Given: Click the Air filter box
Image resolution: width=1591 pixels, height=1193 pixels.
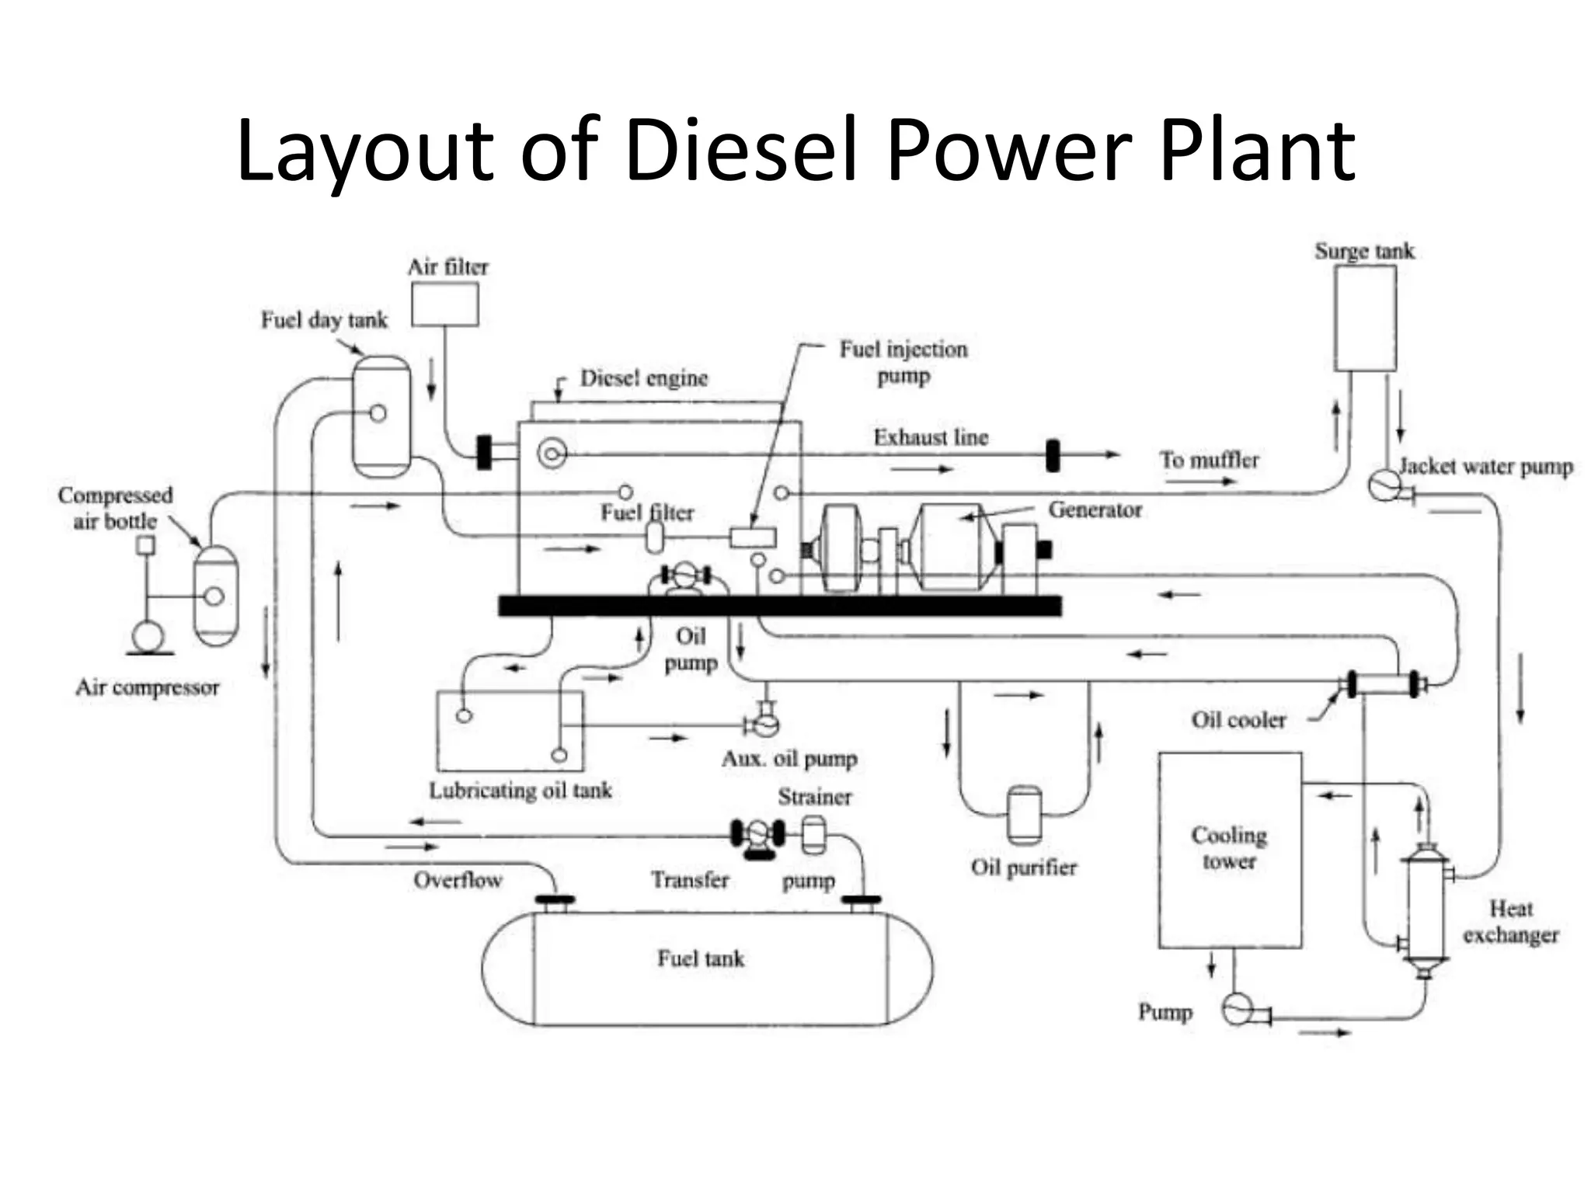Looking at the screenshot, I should [444, 304].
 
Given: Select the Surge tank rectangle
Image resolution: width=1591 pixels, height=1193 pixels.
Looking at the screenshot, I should [1365, 318].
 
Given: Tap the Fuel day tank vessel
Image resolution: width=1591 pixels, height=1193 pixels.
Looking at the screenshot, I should [381, 416].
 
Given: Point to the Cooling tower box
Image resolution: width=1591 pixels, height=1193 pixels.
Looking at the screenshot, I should [1230, 850].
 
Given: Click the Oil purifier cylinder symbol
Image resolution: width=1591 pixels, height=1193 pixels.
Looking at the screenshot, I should [1024, 815].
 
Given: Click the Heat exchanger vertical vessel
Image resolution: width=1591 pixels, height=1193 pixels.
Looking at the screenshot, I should [1425, 909].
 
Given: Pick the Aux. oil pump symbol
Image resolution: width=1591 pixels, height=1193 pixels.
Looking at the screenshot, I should [764, 723].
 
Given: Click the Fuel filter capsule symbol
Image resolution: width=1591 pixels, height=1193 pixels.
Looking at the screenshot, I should [655, 537].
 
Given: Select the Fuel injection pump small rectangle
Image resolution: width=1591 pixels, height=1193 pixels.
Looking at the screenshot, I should [753, 537].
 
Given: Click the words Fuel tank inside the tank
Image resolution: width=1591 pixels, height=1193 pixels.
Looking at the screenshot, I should [701, 958].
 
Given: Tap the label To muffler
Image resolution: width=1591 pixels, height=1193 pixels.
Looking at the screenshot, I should [1209, 460].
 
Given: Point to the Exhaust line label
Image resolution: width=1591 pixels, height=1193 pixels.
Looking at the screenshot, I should [931, 437].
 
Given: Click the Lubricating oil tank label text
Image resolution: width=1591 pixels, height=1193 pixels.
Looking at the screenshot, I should [520, 791].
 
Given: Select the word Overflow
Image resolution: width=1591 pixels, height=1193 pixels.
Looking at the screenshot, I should [458, 880].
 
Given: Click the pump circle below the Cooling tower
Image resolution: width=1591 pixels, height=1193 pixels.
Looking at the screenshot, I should [1237, 1010].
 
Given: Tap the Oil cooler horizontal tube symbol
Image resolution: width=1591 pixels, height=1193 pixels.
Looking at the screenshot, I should [1383, 684].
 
